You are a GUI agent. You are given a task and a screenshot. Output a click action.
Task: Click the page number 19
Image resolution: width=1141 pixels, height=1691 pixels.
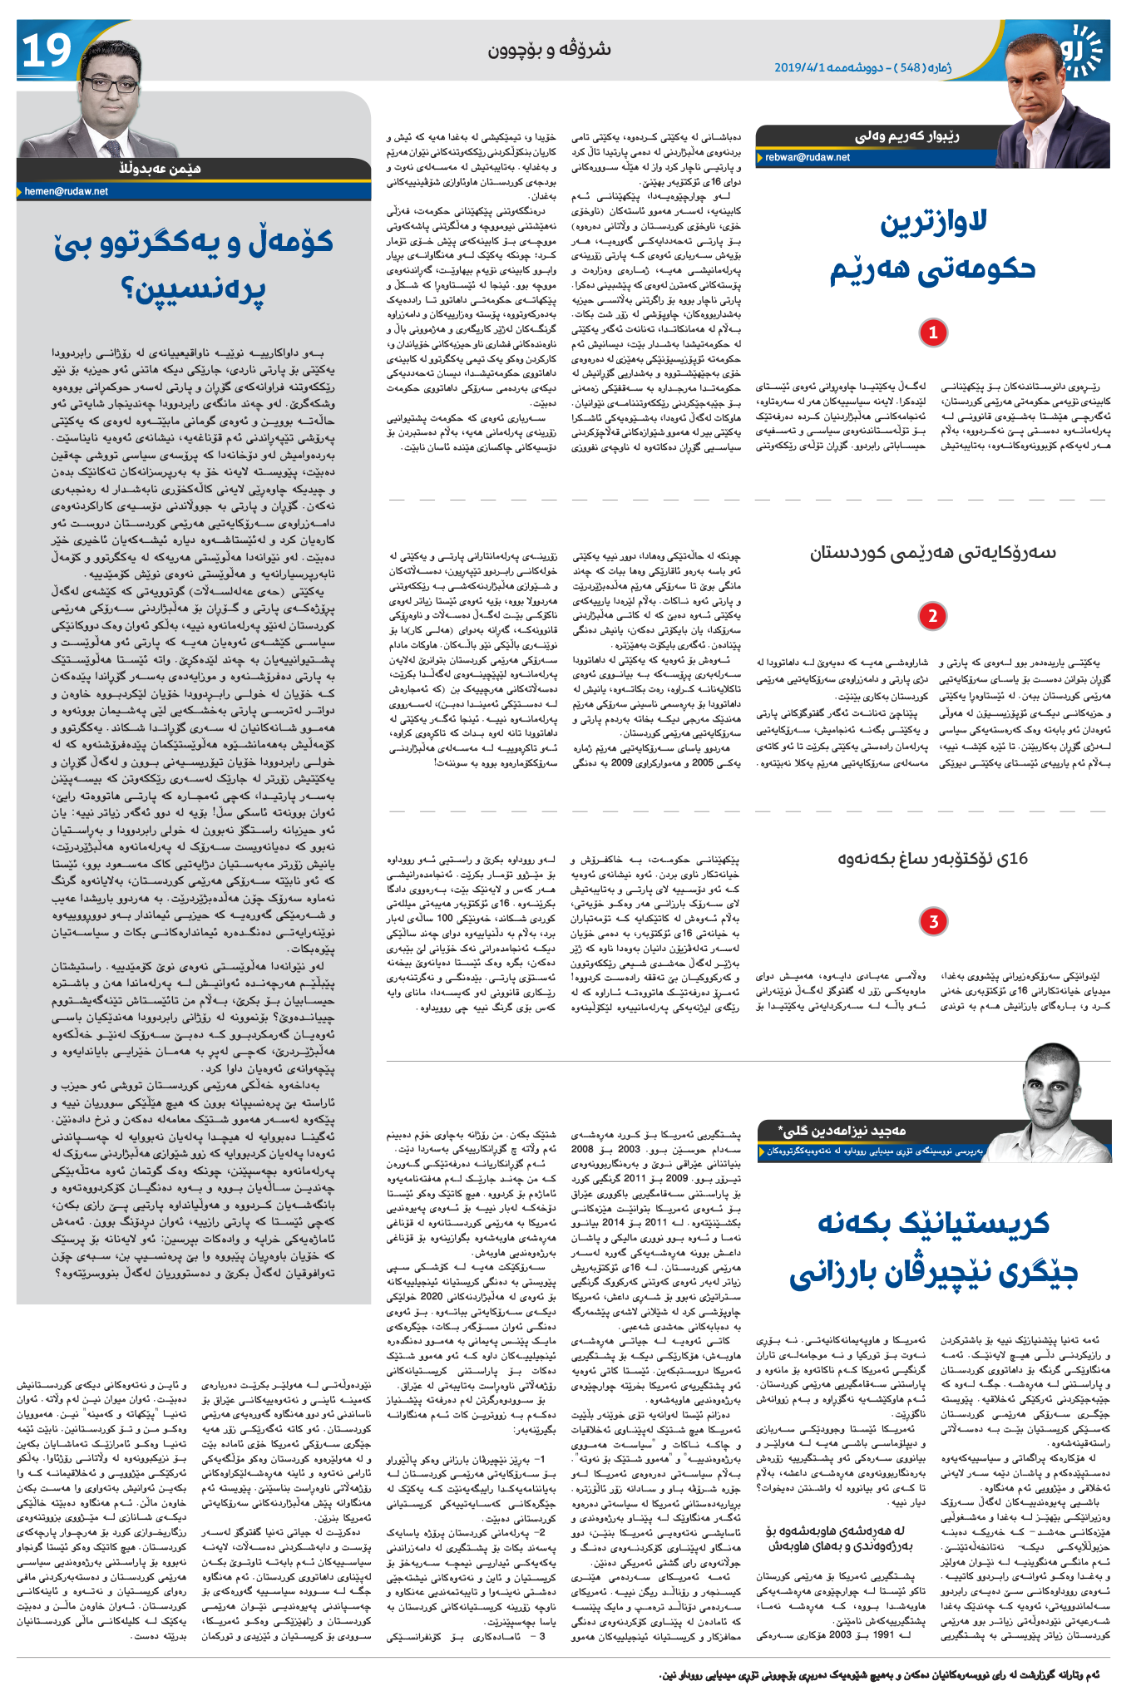click(46, 52)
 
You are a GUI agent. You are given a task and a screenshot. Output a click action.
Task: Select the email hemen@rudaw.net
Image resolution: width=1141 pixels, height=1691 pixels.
click(67, 191)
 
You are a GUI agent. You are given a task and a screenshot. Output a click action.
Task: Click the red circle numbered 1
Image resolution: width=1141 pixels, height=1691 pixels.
click(933, 333)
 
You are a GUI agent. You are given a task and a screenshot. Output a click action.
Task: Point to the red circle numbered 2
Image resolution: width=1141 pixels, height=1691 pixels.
click(933, 616)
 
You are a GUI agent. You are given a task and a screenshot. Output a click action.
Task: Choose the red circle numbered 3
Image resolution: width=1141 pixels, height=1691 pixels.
click(933, 921)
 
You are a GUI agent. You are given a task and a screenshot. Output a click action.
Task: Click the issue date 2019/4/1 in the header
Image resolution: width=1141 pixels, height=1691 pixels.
click(799, 67)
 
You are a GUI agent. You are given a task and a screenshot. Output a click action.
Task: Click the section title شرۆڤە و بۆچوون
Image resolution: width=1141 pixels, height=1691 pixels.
click(549, 51)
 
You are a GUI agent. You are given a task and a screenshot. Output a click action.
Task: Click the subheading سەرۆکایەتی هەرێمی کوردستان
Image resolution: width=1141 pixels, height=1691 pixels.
click(933, 553)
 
